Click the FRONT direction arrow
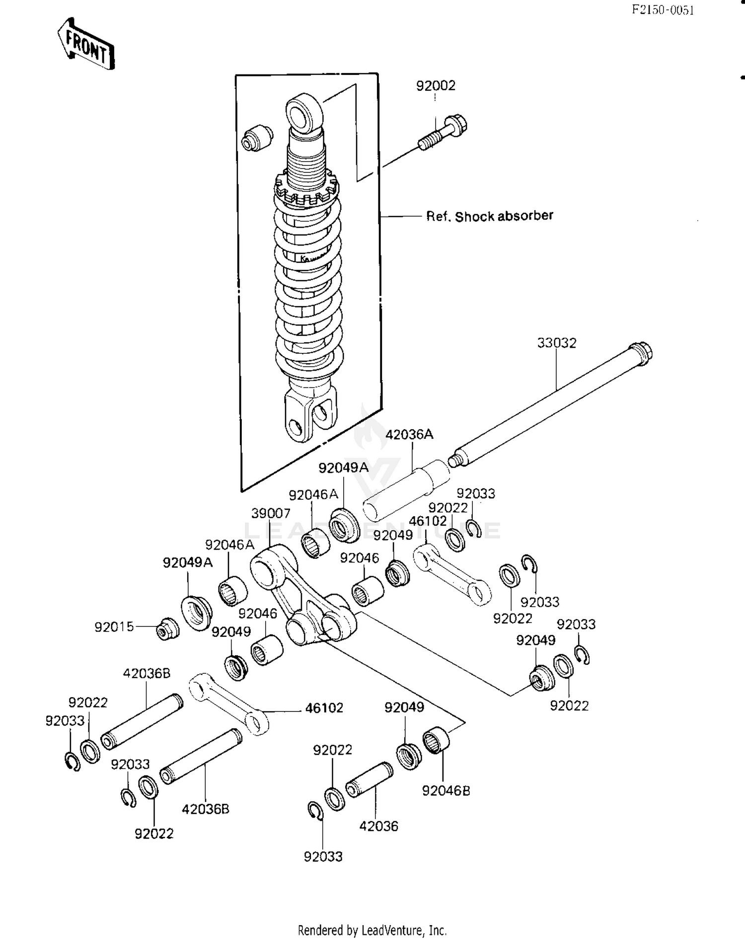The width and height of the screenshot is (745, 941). tap(85, 45)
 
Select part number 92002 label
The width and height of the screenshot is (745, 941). tap(436, 85)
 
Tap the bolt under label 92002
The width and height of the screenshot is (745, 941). tap(444, 132)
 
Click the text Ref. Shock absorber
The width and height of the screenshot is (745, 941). tap(489, 216)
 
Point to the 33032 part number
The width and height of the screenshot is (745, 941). tap(557, 343)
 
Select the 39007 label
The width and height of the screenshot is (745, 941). tap(271, 513)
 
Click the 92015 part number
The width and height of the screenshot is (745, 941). tap(114, 627)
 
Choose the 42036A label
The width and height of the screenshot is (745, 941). tap(409, 434)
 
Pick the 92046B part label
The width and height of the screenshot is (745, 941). tap(446, 790)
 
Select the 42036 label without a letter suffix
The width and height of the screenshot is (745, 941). tap(378, 826)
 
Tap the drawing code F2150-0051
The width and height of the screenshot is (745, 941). tap(663, 10)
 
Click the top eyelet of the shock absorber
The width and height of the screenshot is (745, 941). tap(304, 114)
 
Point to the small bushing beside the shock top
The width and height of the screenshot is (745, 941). tap(257, 138)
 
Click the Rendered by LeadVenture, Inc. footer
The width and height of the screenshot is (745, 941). tap(372, 930)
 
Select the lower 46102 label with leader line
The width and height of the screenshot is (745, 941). tap(324, 707)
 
